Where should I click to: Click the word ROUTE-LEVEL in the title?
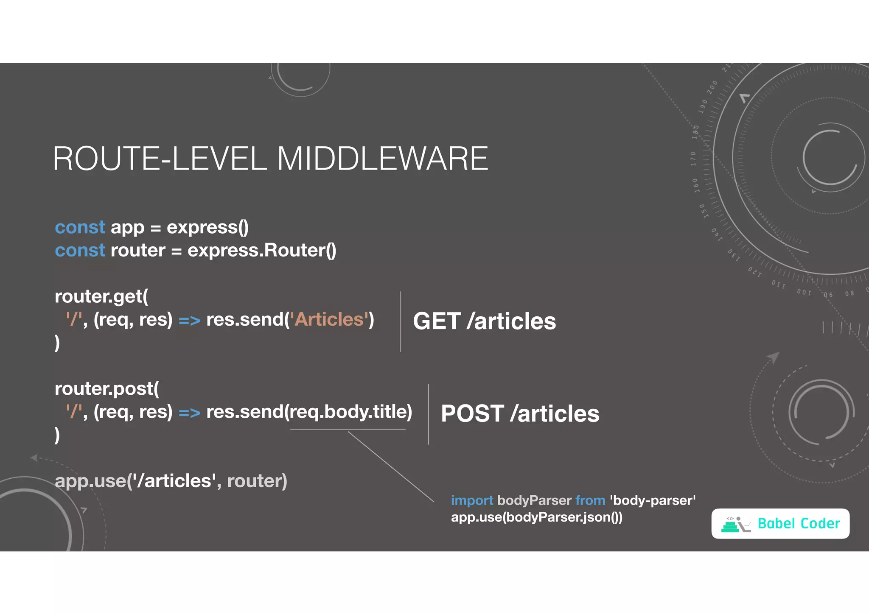(x=160, y=159)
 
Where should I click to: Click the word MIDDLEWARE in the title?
(x=382, y=159)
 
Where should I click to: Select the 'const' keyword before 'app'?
(x=80, y=228)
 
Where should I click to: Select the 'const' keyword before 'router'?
(x=80, y=251)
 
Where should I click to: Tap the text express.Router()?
(x=262, y=251)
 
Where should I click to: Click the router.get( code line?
(x=101, y=296)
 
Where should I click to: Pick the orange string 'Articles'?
(x=329, y=320)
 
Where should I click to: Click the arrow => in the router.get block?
(x=189, y=321)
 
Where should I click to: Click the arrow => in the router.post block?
(x=189, y=413)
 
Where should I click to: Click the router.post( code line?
(x=107, y=389)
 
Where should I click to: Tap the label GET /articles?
(x=484, y=321)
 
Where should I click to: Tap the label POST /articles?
(x=520, y=414)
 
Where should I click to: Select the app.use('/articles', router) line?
(x=171, y=481)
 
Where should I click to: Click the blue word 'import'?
(x=472, y=500)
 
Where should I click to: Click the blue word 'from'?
(x=590, y=500)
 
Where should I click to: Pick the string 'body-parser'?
(x=653, y=500)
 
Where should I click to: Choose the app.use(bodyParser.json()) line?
(x=536, y=517)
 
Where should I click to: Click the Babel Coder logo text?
(x=799, y=524)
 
